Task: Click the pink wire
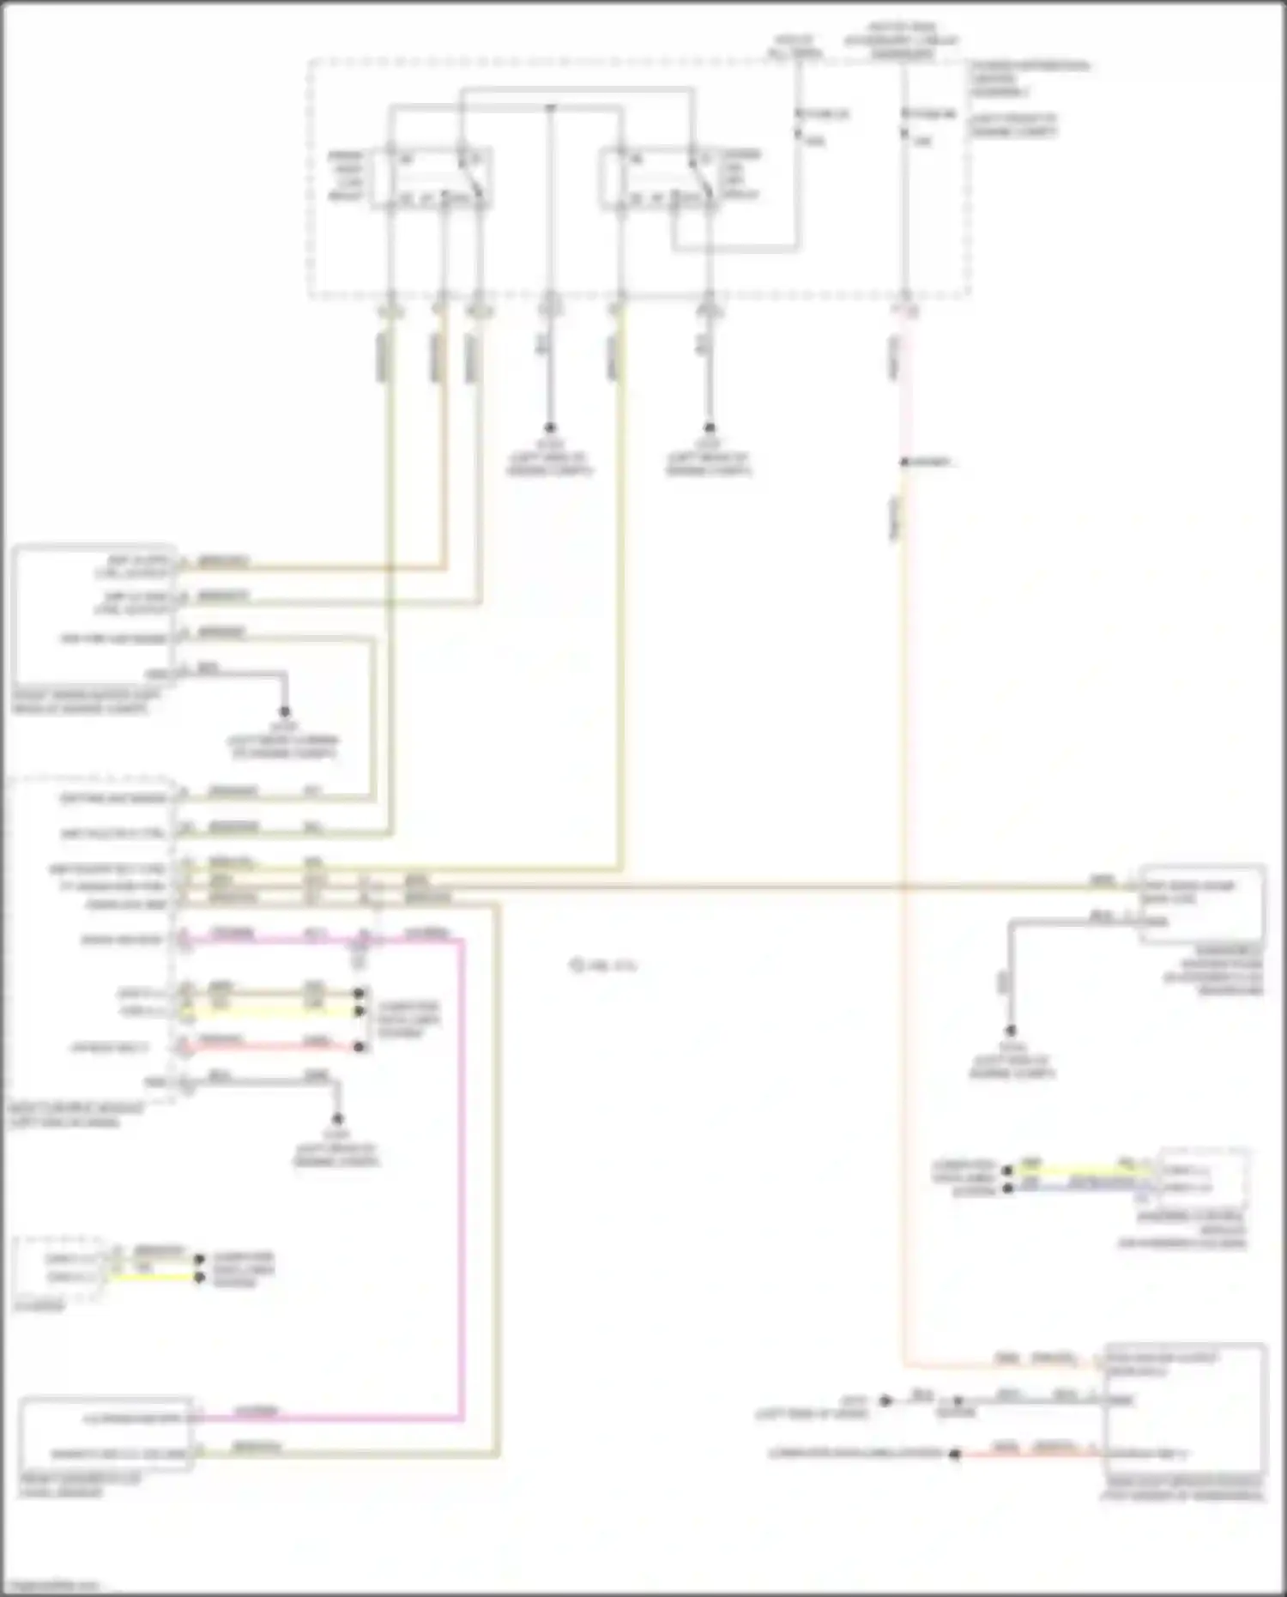pyautogui.click(x=462, y=1201)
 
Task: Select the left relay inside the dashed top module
pyautogui.click(x=432, y=178)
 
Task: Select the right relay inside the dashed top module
pyautogui.click(x=659, y=178)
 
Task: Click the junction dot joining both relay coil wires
pyautogui.click(x=550, y=108)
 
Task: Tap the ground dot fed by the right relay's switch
pyautogui.click(x=709, y=427)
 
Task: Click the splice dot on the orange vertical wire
pyautogui.click(x=903, y=463)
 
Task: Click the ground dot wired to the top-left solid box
pyautogui.click(x=284, y=712)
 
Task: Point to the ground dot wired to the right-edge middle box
pyautogui.click(x=1011, y=1031)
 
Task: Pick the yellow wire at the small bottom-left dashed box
pyautogui.click(x=154, y=1277)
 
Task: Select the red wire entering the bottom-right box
pyautogui.click(x=1030, y=1454)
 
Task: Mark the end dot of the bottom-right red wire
pyautogui.click(x=954, y=1454)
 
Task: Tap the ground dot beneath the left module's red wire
pyautogui.click(x=337, y=1119)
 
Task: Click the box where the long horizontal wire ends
pyautogui.click(x=1201, y=904)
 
